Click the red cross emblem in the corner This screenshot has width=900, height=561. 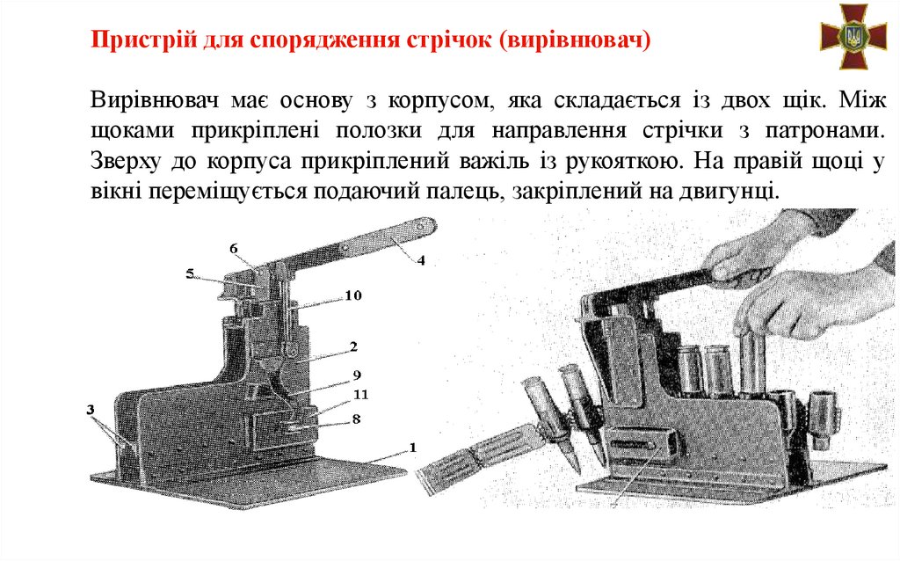[x=853, y=37]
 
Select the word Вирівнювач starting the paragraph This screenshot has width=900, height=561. [x=155, y=100]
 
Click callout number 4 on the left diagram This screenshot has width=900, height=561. [x=421, y=260]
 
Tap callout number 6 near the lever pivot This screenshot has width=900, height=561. [x=234, y=249]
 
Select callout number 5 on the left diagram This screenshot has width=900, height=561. [x=190, y=273]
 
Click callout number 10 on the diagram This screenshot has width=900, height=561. [x=353, y=295]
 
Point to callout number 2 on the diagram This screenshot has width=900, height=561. [x=353, y=346]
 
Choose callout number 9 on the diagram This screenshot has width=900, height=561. [x=357, y=375]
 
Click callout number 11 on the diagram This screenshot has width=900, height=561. [x=360, y=395]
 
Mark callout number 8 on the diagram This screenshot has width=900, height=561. [x=356, y=419]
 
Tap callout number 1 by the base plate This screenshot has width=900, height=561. [x=412, y=447]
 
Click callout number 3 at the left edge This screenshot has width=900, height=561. [x=91, y=410]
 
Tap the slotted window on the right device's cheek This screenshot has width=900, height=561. [x=637, y=444]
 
